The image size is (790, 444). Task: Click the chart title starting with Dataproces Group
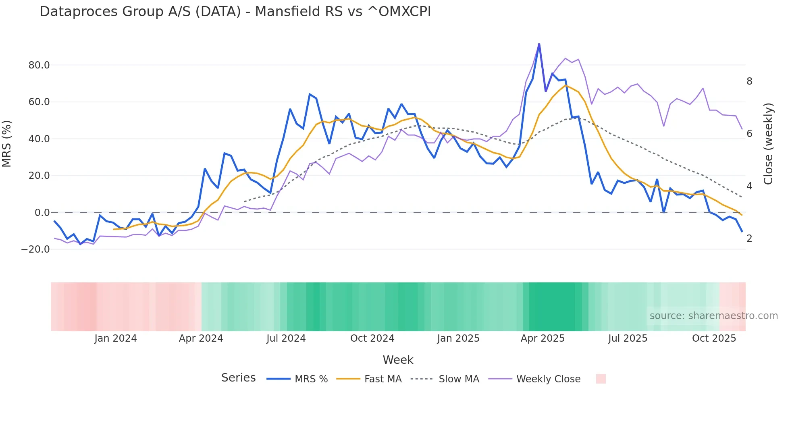pyautogui.click(x=235, y=12)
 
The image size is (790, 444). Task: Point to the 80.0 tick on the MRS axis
pyautogui.click(x=39, y=65)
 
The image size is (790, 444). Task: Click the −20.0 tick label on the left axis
pyautogui.click(x=35, y=249)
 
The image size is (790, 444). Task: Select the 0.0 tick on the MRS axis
pyautogui.click(x=42, y=213)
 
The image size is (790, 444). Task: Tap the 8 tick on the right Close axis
pyautogui.click(x=749, y=81)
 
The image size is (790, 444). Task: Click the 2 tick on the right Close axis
pyautogui.click(x=749, y=239)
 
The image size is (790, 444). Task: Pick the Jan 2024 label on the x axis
pyautogui.click(x=116, y=338)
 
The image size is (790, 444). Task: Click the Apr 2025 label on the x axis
pyautogui.click(x=543, y=338)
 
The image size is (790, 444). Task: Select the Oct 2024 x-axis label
pyautogui.click(x=372, y=338)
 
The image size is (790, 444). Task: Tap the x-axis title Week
pyautogui.click(x=398, y=360)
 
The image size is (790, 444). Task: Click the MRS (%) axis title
pyautogui.click(x=7, y=144)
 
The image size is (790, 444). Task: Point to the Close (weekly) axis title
pyautogui.click(x=768, y=144)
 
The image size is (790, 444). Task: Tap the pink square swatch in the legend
pyautogui.click(x=601, y=379)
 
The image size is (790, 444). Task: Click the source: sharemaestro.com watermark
pyautogui.click(x=713, y=316)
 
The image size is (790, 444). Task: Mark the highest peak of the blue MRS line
pyautogui.click(x=539, y=44)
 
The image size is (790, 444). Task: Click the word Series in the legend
pyautogui.click(x=238, y=378)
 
